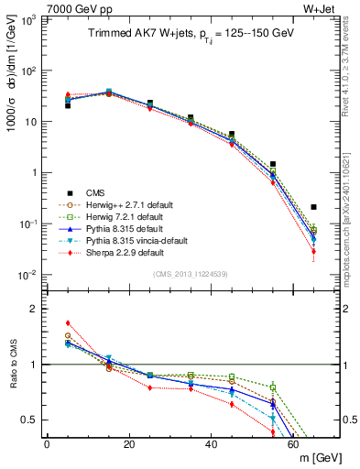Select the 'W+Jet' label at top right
pyautogui.click(x=318, y=8)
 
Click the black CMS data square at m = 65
pyautogui.click(x=314, y=207)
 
